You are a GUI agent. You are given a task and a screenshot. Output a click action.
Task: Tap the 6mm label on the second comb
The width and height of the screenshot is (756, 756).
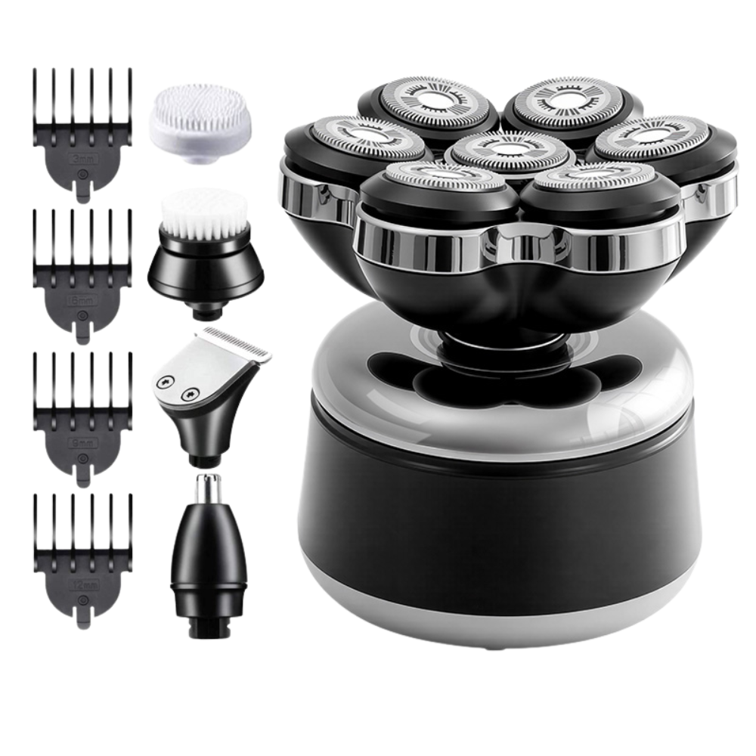point(79,300)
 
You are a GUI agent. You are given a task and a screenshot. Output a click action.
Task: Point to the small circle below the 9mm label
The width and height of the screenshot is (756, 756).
point(79,456)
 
